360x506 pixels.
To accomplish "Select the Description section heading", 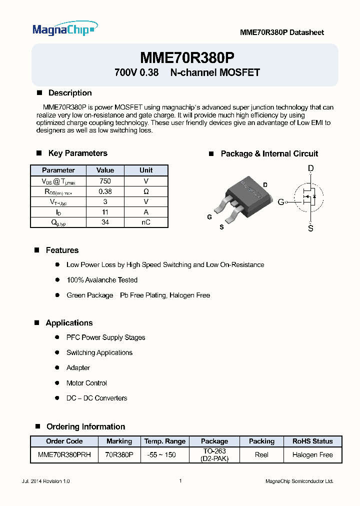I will pyautogui.click(x=69, y=93).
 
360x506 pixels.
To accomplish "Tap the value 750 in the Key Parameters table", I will pyautogui.click(x=105, y=181).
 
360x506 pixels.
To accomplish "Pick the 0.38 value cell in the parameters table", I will pyautogui.click(x=105, y=191).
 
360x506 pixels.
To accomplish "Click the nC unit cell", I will pyautogui.click(x=145, y=222).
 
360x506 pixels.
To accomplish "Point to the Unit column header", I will pyautogui.click(x=146, y=170).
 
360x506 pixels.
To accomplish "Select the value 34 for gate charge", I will pyautogui.click(x=105, y=222).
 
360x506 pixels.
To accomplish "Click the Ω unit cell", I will pyautogui.click(x=145, y=191).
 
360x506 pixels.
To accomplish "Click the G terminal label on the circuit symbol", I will pyautogui.click(x=281, y=202).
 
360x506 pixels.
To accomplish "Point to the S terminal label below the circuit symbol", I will pyautogui.click(x=310, y=228).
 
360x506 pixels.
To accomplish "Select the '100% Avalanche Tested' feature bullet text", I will pyautogui.click(x=102, y=280).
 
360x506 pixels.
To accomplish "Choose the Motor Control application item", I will pyautogui.click(x=86, y=383).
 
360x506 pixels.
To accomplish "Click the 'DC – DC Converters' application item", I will pyautogui.click(x=97, y=398).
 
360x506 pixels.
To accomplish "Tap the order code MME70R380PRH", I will pyautogui.click(x=64, y=455).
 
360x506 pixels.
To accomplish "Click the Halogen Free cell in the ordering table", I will pyautogui.click(x=312, y=455).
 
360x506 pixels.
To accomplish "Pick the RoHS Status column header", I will pyautogui.click(x=312, y=441).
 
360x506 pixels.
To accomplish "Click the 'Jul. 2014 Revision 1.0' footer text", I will pyautogui.click(x=46, y=481).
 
